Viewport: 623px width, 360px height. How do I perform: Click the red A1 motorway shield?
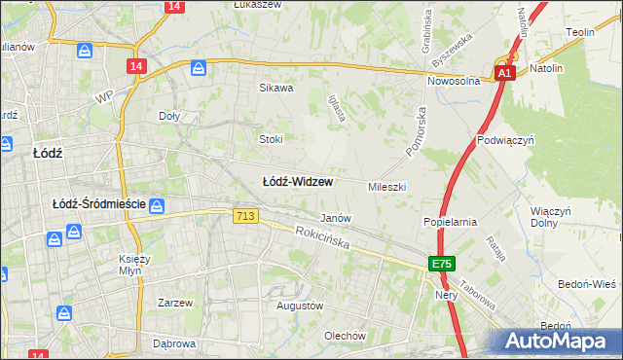pyautogui.click(x=503, y=73)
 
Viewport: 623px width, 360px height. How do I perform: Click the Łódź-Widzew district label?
pyautogui.click(x=298, y=181)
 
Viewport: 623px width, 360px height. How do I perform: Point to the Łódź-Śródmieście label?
pyautogui.click(x=98, y=204)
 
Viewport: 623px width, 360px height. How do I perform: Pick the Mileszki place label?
pyautogui.click(x=386, y=186)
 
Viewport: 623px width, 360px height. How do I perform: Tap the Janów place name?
pyautogui.click(x=336, y=219)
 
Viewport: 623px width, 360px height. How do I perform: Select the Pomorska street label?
pyautogui.click(x=417, y=128)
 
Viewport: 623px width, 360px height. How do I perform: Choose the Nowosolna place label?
pyautogui.click(x=455, y=82)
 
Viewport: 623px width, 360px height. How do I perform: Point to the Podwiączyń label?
pyautogui.click(x=507, y=140)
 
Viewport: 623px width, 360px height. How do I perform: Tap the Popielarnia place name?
pyautogui.click(x=450, y=222)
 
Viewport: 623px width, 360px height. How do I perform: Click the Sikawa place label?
pyautogui.click(x=275, y=88)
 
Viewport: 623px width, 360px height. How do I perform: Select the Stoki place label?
pyautogui.click(x=271, y=139)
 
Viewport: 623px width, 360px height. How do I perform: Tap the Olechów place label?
pyautogui.click(x=345, y=337)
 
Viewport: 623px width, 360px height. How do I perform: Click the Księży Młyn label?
pyautogui.click(x=131, y=265)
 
